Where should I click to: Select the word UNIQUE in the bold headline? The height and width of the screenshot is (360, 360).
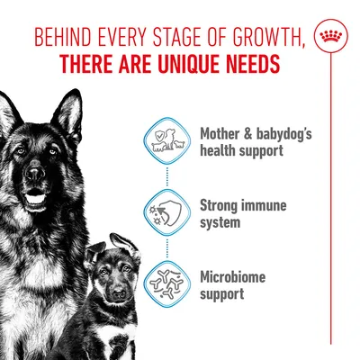tap(193, 66)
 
